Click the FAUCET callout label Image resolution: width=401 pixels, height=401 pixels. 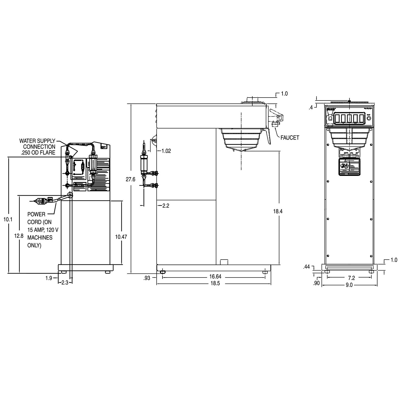point(290,138)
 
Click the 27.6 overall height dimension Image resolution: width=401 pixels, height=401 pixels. point(131,179)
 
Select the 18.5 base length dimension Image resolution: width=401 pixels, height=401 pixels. point(215,283)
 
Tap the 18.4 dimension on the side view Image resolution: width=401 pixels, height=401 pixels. point(278,211)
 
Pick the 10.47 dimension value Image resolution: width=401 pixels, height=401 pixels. point(121,237)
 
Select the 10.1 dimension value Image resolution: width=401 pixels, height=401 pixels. point(8,219)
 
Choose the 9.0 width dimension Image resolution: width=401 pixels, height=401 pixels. point(349,285)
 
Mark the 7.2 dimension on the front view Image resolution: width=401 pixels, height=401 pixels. point(349,278)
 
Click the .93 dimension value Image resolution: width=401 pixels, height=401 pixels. point(147,278)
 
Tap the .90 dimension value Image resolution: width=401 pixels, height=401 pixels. point(316,283)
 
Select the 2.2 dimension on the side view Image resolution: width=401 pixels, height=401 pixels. point(166,206)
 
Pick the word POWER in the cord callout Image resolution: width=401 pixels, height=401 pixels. point(36,214)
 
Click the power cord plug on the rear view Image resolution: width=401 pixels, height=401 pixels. point(40,200)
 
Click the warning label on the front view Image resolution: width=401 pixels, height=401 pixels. point(348,167)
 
